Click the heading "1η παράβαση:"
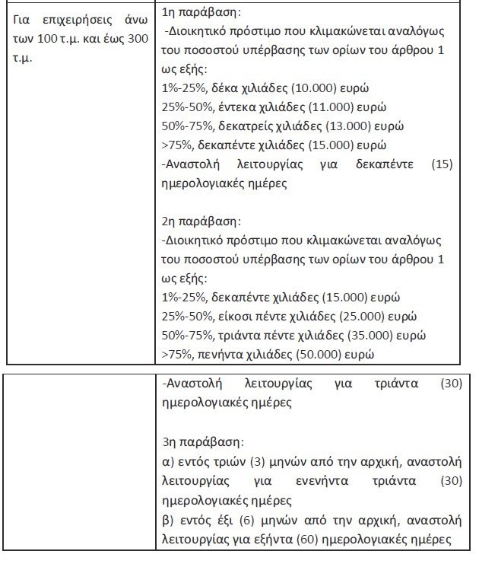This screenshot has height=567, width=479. pos(198,14)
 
